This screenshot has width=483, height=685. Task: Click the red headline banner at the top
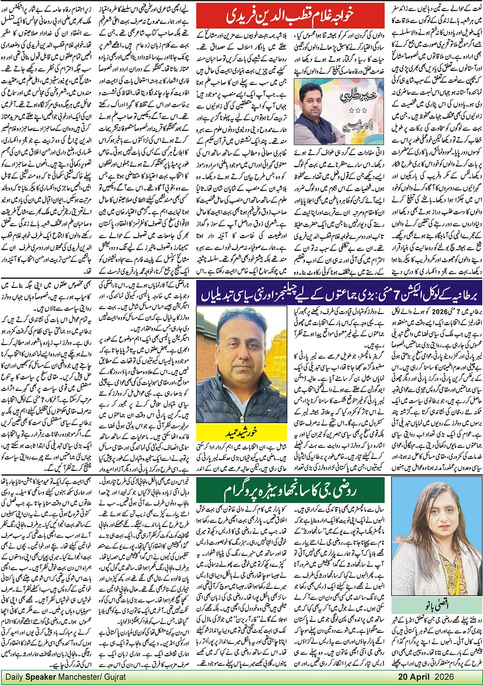[x=290, y=15]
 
